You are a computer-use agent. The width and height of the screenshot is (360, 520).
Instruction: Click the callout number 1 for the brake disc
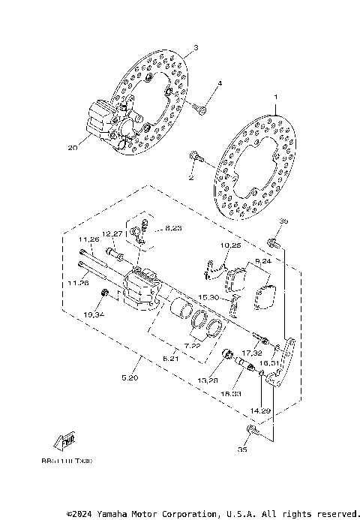(274, 98)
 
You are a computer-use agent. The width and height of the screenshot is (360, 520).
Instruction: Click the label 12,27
(112, 233)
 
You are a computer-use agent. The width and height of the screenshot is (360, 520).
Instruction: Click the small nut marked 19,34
(105, 292)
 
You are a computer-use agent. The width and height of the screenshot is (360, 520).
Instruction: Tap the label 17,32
(251, 351)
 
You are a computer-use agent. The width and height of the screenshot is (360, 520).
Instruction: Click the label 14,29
(260, 411)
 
